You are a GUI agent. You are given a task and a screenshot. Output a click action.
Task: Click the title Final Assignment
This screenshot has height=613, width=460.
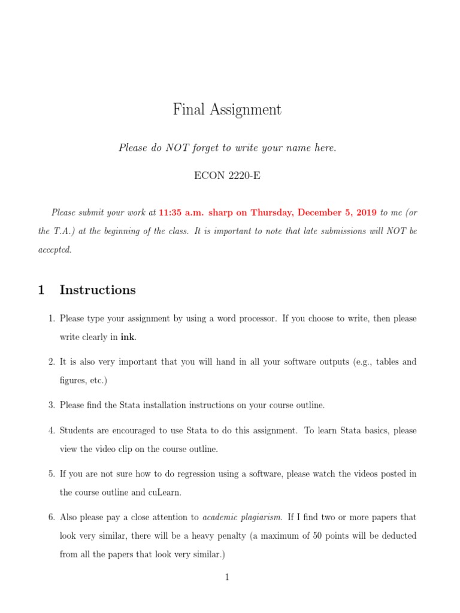point(227,110)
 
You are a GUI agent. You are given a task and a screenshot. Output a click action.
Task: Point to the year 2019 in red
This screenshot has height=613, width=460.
point(365,212)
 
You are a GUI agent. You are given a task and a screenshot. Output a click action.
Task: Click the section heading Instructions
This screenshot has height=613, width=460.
point(98,290)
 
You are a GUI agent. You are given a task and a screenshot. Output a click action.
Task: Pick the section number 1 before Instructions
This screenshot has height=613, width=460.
point(41,290)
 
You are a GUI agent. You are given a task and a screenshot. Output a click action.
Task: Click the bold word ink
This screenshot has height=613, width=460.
point(128,337)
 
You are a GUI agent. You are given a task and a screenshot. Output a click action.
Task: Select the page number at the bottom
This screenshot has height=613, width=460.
point(228,577)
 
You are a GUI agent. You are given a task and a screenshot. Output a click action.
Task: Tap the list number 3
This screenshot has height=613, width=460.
point(52,405)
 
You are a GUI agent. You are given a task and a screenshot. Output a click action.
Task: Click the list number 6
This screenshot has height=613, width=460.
point(52,517)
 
